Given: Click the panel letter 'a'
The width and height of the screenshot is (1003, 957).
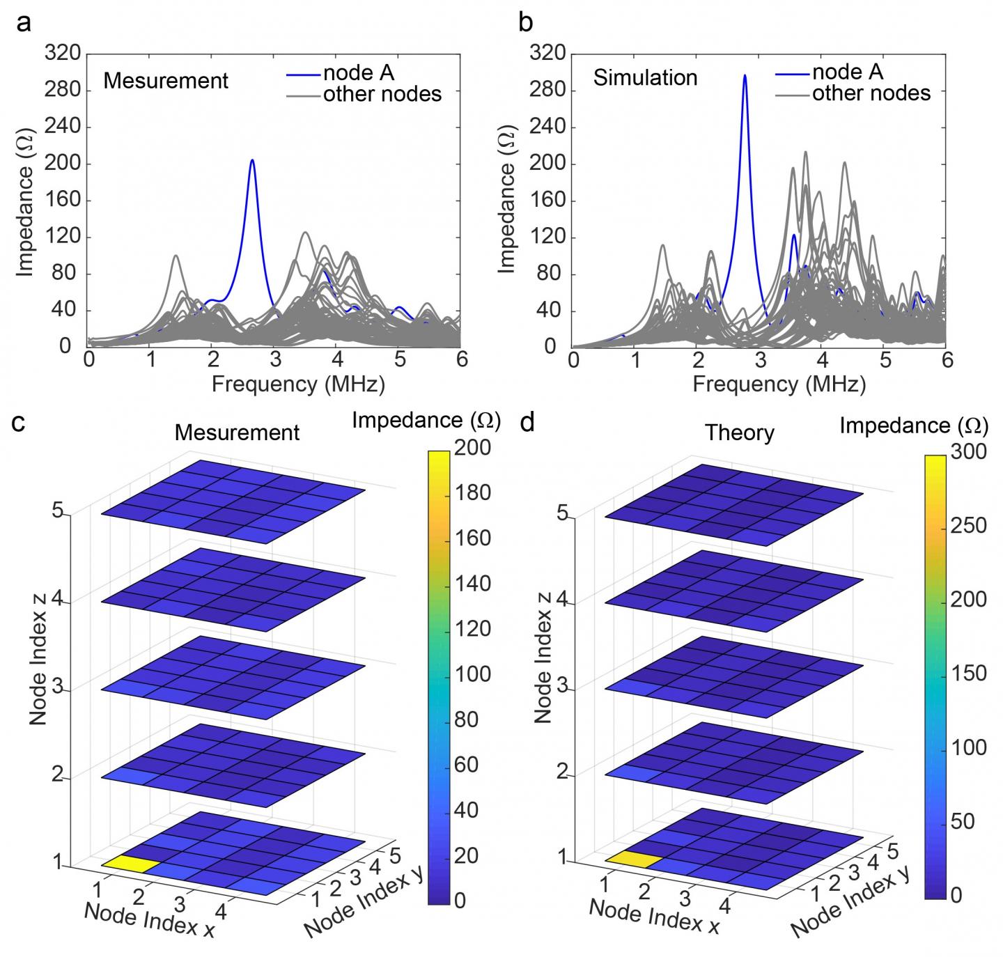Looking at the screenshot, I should pos(24,24).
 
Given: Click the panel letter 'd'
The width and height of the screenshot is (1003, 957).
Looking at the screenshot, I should pos(527,422).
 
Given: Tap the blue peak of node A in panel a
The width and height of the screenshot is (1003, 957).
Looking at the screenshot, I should pos(252,162).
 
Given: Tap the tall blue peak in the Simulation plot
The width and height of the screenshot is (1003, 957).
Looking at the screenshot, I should pos(745,77).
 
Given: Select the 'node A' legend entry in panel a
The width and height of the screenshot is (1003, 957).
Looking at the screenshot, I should pos(358,73).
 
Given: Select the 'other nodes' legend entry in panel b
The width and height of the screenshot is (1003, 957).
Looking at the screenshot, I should pos(871,93).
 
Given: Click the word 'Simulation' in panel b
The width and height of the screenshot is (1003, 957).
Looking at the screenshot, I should pos(645,78).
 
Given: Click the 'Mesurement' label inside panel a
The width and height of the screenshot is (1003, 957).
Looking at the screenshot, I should pos(166,81).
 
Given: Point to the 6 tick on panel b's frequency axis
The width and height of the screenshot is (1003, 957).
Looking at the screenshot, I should pos(946,361).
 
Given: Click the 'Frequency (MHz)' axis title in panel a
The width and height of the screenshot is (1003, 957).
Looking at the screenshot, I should pos(298,383).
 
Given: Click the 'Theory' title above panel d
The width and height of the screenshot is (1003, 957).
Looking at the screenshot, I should pos(739,433).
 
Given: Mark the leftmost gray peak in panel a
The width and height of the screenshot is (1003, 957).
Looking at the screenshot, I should pos(176,256).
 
